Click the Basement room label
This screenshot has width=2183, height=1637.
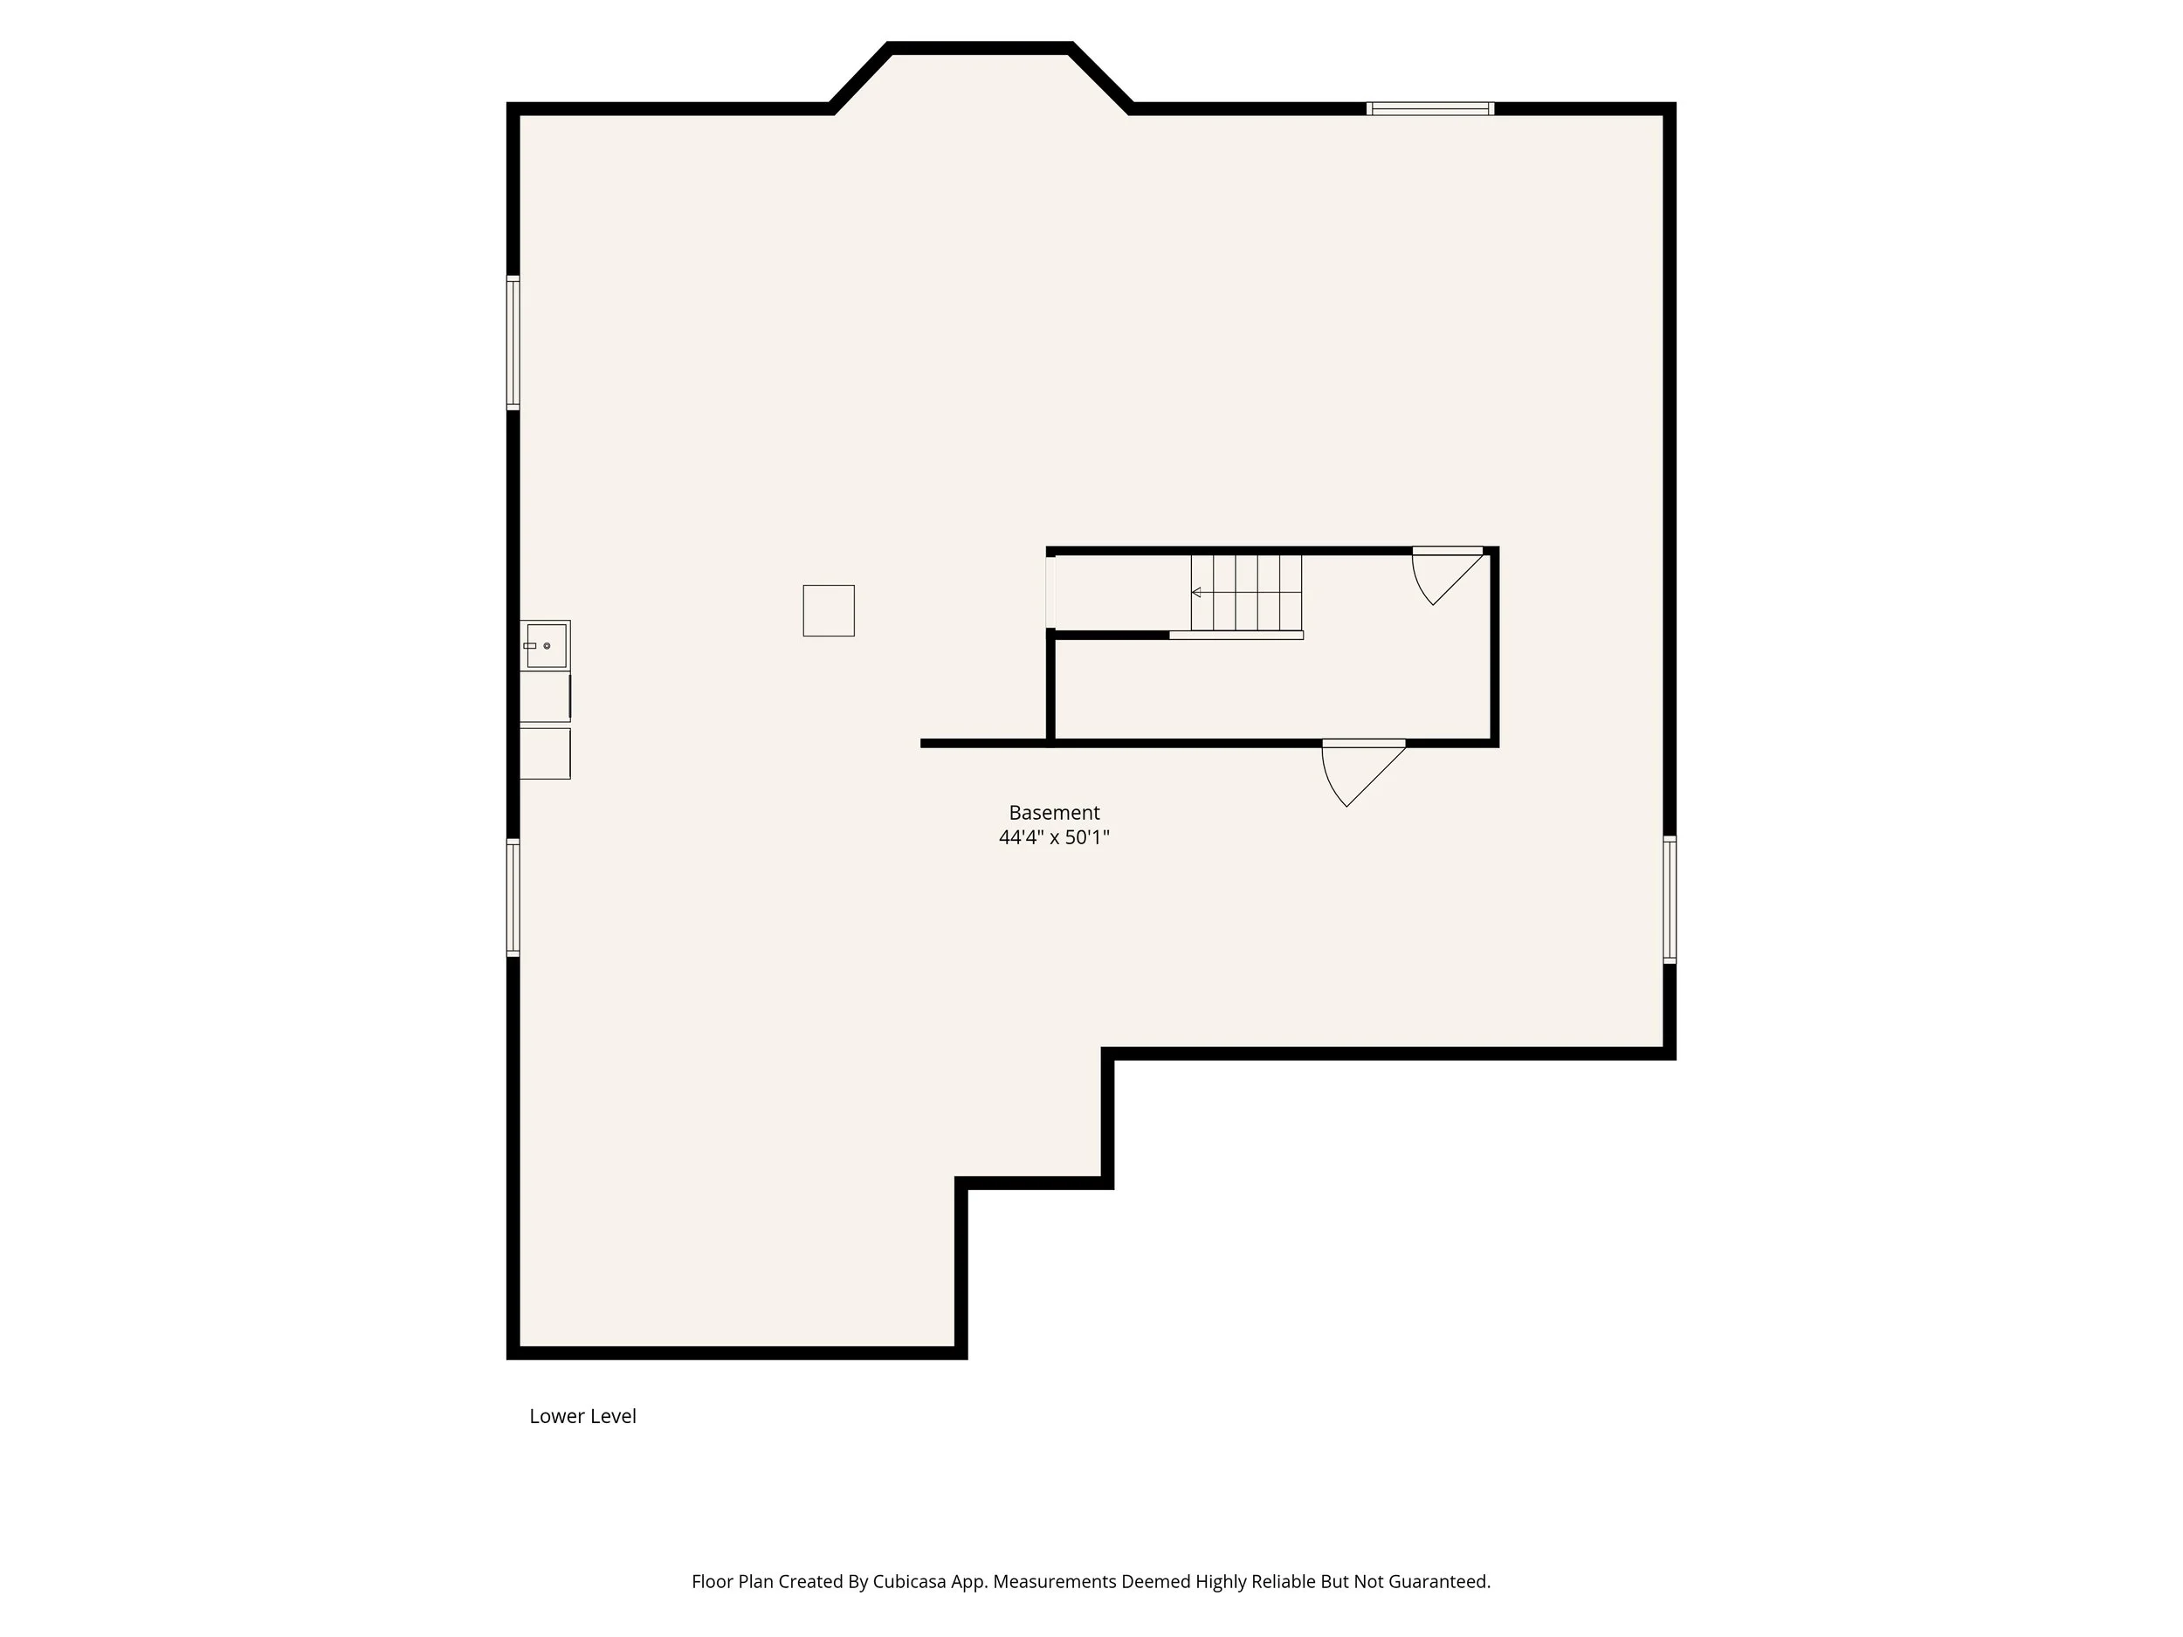point(1053,813)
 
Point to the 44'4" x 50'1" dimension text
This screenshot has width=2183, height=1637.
point(1053,838)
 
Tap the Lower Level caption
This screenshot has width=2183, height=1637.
point(582,1416)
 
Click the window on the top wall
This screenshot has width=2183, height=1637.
point(1429,108)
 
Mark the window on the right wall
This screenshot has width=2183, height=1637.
point(1669,899)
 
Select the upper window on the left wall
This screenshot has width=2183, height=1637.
point(513,342)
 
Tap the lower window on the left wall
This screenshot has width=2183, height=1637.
point(513,897)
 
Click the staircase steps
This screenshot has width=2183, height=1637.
point(1245,592)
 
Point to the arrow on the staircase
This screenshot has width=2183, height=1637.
point(1197,592)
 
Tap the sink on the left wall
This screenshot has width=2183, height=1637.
point(545,645)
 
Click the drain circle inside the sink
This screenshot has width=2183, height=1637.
point(547,645)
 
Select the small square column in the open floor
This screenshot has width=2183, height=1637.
point(828,611)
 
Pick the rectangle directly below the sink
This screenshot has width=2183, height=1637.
point(545,697)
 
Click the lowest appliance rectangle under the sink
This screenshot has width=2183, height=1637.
point(545,753)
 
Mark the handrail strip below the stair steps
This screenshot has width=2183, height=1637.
point(1236,636)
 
